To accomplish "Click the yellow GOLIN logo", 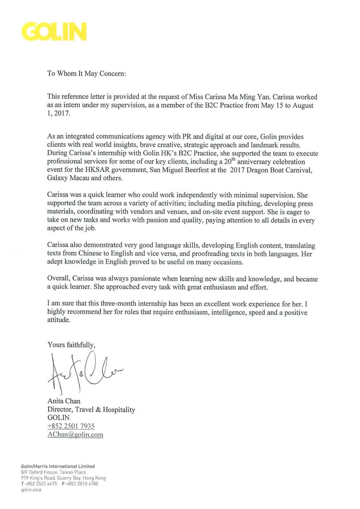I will point(54,32).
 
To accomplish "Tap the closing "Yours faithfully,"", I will point(72,344).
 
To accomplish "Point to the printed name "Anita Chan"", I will point(64,401).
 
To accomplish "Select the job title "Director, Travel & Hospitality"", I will point(91,409).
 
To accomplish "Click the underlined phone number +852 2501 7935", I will point(71,426).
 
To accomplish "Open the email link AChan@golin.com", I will point(75,435).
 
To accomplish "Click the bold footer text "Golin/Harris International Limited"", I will point(58,466).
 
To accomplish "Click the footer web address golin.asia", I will point(31,489).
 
